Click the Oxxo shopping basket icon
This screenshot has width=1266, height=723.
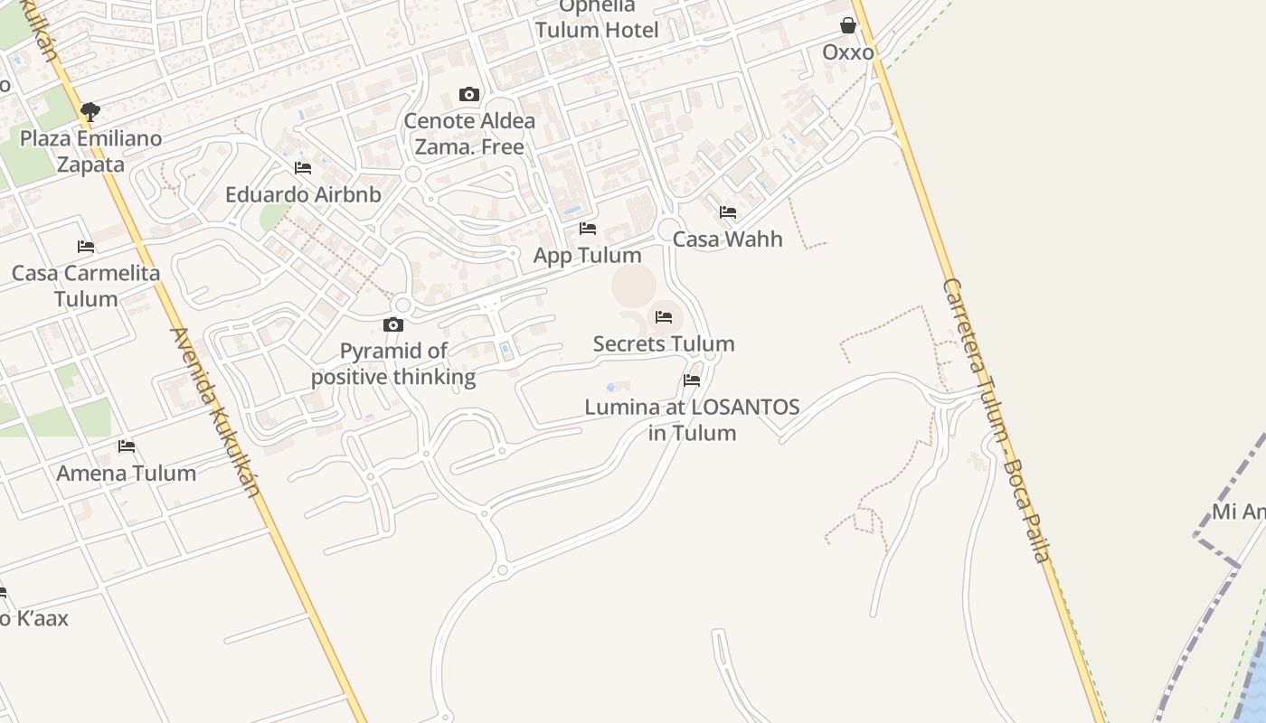coord(848,25)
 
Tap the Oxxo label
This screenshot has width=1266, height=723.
coord(848,52)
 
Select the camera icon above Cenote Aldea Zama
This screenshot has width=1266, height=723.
coord(468,94)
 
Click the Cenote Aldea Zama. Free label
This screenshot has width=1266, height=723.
coord(469,134)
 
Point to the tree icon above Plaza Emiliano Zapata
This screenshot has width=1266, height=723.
coord(90,112)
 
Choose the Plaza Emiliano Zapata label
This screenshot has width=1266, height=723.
coord(90,152)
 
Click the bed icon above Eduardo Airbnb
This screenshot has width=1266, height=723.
coord(303,168)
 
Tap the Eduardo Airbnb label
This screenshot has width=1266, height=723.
coord(303,194)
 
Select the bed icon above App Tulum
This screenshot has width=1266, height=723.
coord(588,229)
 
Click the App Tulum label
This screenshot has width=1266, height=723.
coord(588,256)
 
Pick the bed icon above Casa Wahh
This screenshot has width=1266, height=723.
coord(728,212)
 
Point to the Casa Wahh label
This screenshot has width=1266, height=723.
coord(728,239)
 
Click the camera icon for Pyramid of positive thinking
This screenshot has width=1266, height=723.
coord(393,324)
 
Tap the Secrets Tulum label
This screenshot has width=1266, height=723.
coord(664,343)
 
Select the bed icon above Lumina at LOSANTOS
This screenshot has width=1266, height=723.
coord(692,380)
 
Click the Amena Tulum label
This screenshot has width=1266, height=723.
coord(127,473)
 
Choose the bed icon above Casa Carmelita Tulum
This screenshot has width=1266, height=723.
coord(86,246)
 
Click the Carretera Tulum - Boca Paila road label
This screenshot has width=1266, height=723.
coord(997,420)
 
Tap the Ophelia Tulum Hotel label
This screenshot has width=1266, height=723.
coord(597,19)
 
